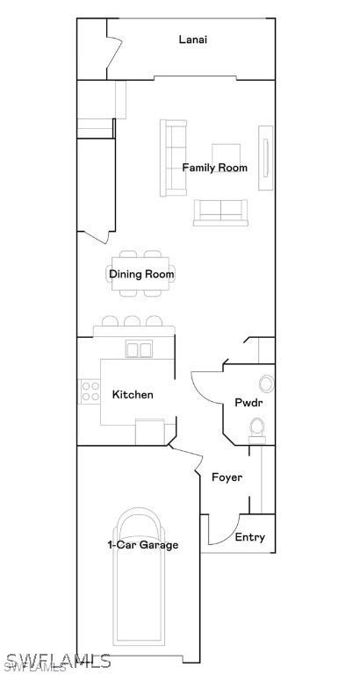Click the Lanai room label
[193, 39]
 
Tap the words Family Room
[214, 168]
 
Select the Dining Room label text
[141, 275]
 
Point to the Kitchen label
[133, 395]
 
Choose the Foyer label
[227, 477]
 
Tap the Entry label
[249, 538]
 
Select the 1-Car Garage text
[143, 545]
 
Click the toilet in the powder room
[257, 427]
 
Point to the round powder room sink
[265, 383]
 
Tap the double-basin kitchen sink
[139, 350]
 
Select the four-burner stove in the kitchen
[90, 391]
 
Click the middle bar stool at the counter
[132, 322]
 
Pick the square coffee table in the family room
[225, 153]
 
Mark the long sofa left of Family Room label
[173, 158]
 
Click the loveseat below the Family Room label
[220, 212]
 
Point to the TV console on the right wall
[264, 158]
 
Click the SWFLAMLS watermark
[56, 660]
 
